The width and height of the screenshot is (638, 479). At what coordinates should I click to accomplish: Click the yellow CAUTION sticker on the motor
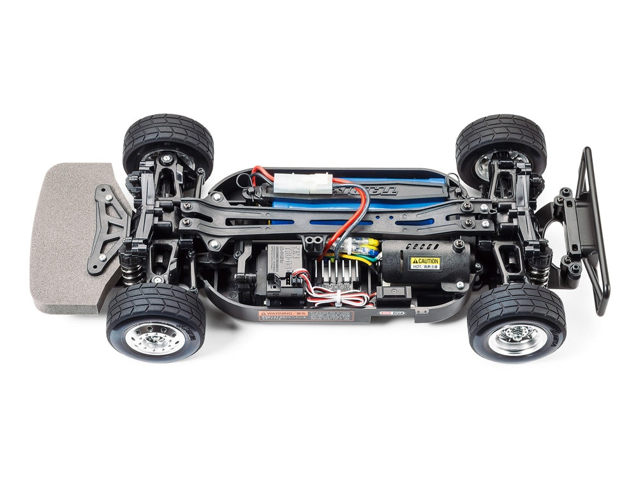click(425, 262)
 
